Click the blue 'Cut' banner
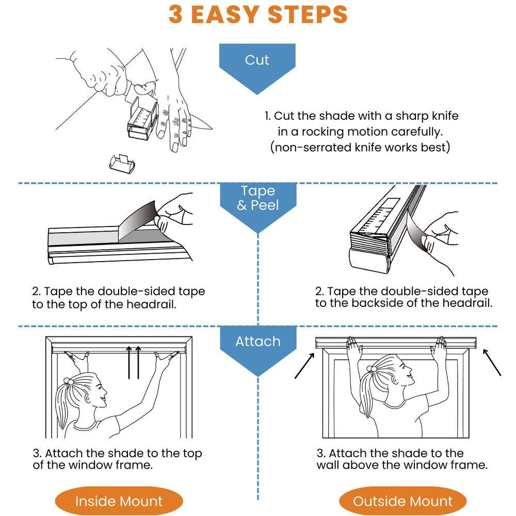click(x=257, y=66)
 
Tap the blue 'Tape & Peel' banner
click(x=258, y=204)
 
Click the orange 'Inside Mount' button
click(x=119, y=501)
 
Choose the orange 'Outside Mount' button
click(x=403, y=501)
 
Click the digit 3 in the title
click(x=175, y=14)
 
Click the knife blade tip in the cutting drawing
click(x=212, y=128)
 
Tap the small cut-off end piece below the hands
click(x=122, y=164)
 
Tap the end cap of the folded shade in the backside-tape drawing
click(x=368, y=261)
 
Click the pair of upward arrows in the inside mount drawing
click(x=134, y=362)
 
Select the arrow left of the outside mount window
click(x=304, y=366)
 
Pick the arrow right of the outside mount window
click(x=492, y=362)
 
